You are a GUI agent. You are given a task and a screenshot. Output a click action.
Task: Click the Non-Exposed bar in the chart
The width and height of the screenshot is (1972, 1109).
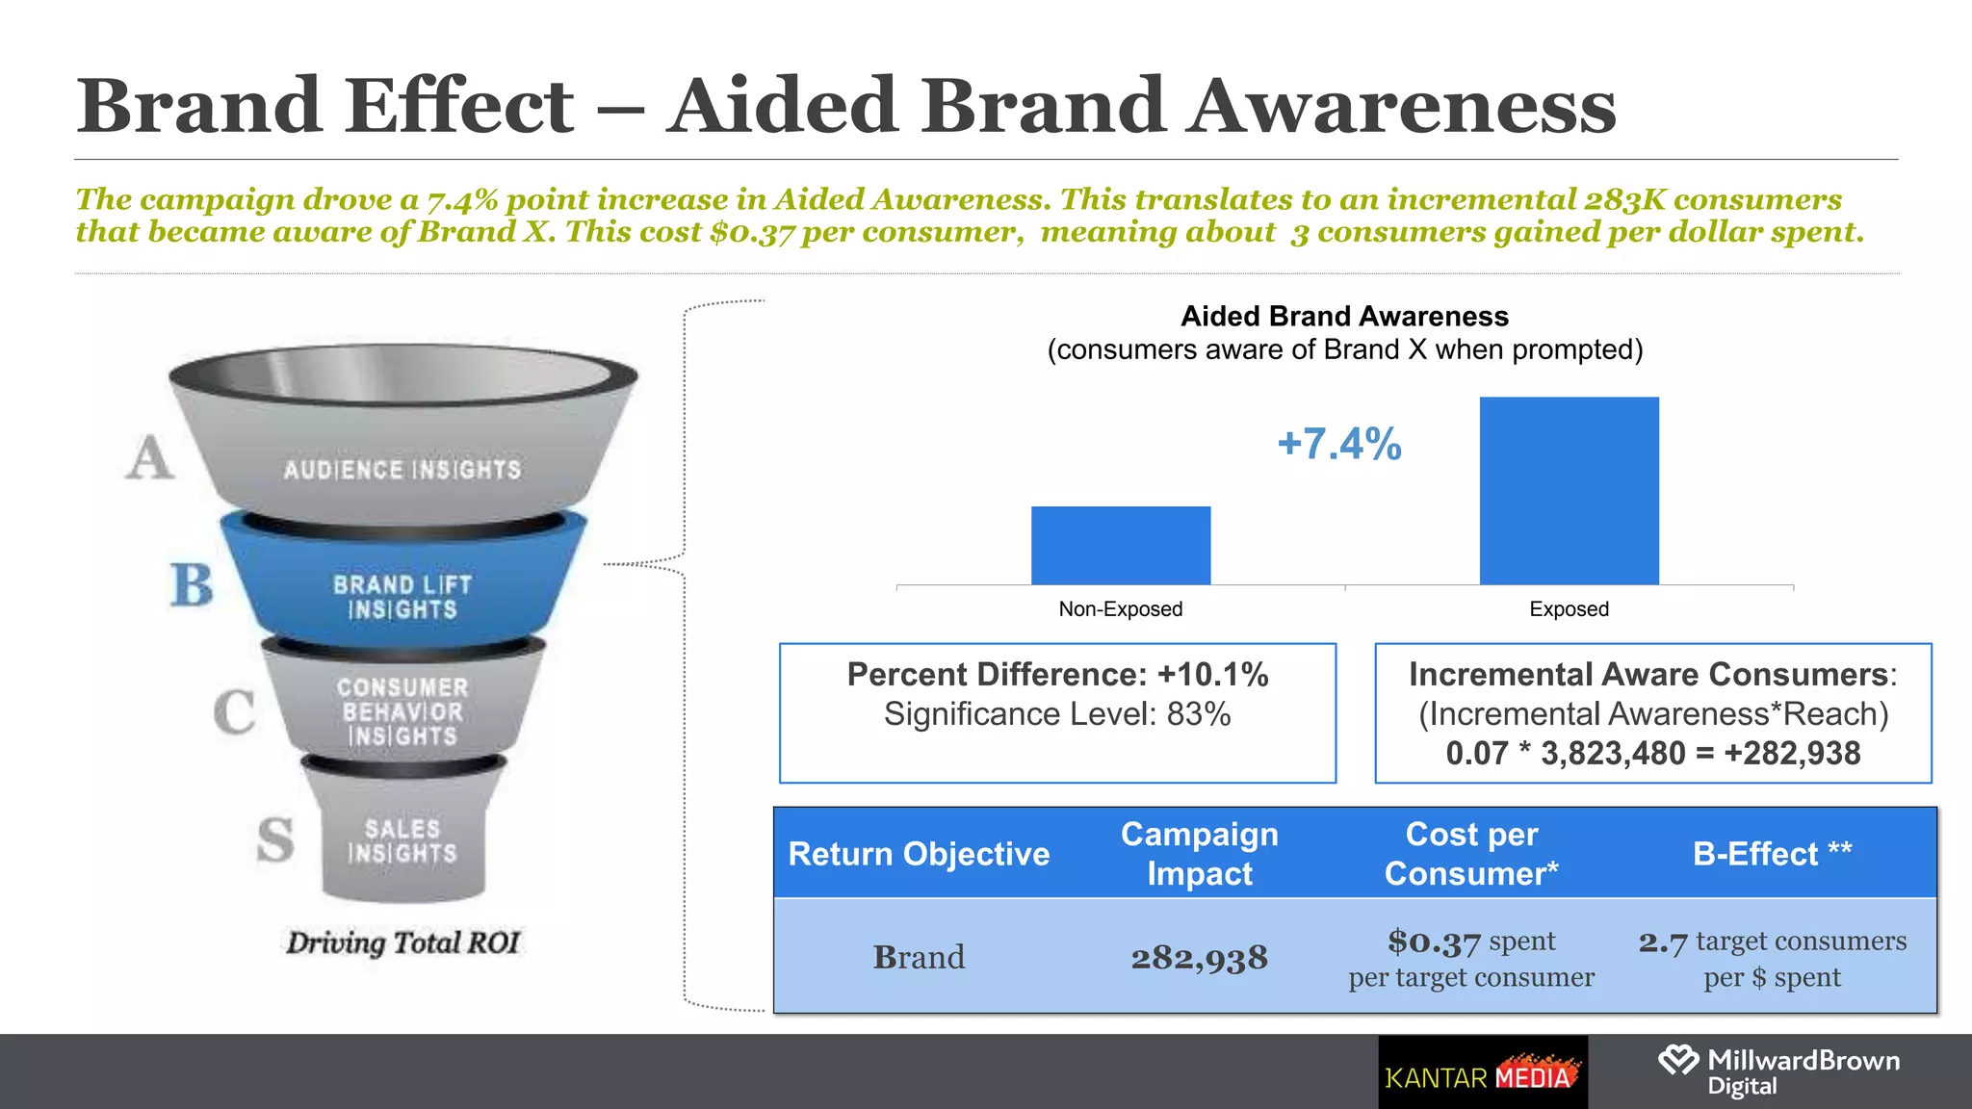pyautogui.click(x=1121, y=545)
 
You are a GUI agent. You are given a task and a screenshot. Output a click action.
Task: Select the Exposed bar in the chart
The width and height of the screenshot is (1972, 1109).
pyautogui.click(x=1569, y=490)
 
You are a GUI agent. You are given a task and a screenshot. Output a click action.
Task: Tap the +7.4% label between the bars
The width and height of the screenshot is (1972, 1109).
pyautogui.click(x=1338, y=444)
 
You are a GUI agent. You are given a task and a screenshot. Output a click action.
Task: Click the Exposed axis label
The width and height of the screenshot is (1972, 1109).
pyautogui.click(x=1569, y=608)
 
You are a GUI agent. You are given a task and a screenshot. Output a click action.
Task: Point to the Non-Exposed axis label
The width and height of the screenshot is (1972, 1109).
pyautogui.click(x=1120, y=608)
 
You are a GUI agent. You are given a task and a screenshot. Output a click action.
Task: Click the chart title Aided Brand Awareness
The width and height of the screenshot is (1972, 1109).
pyautogui.click(x=1344, y=317)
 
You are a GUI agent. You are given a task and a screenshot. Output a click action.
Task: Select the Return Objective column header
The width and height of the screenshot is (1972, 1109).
pyautogui.click(x=919, y=854)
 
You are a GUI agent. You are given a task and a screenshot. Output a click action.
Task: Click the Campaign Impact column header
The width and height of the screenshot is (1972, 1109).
pyautogui.click(x=1199, y=854)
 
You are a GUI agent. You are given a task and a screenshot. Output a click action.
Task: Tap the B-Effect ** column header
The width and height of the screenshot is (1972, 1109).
pyautogui.click(x=1772, y=854)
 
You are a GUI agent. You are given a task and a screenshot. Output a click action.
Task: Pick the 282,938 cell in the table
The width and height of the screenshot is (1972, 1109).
pyautogui.click(x=1199, y=958)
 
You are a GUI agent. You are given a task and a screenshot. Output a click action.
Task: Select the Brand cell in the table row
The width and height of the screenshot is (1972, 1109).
pyautogui.click(x=919, y=957)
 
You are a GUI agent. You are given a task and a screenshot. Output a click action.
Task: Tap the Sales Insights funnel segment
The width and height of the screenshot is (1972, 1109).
pyautogui.click(x=402, y=840)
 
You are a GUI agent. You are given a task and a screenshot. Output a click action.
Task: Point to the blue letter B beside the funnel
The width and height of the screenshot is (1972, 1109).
pyautogui.click(x=192, y=584)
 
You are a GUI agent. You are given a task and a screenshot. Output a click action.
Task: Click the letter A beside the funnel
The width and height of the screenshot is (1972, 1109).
pyautogui.click(x=150, y=457)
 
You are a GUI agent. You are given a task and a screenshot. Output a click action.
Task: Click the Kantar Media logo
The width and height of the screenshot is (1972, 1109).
pyautogui.click(x=1483, y=1074)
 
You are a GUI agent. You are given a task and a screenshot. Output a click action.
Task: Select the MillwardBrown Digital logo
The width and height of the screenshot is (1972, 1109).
pyautogui.click(x=1779, y=1071)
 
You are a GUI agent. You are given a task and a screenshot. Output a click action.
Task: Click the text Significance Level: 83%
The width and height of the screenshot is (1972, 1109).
pyautogui.click(x=1057, y=714)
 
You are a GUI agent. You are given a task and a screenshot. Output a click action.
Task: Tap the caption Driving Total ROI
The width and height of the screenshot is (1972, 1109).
pyautogui.click(x=402, y=942)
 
